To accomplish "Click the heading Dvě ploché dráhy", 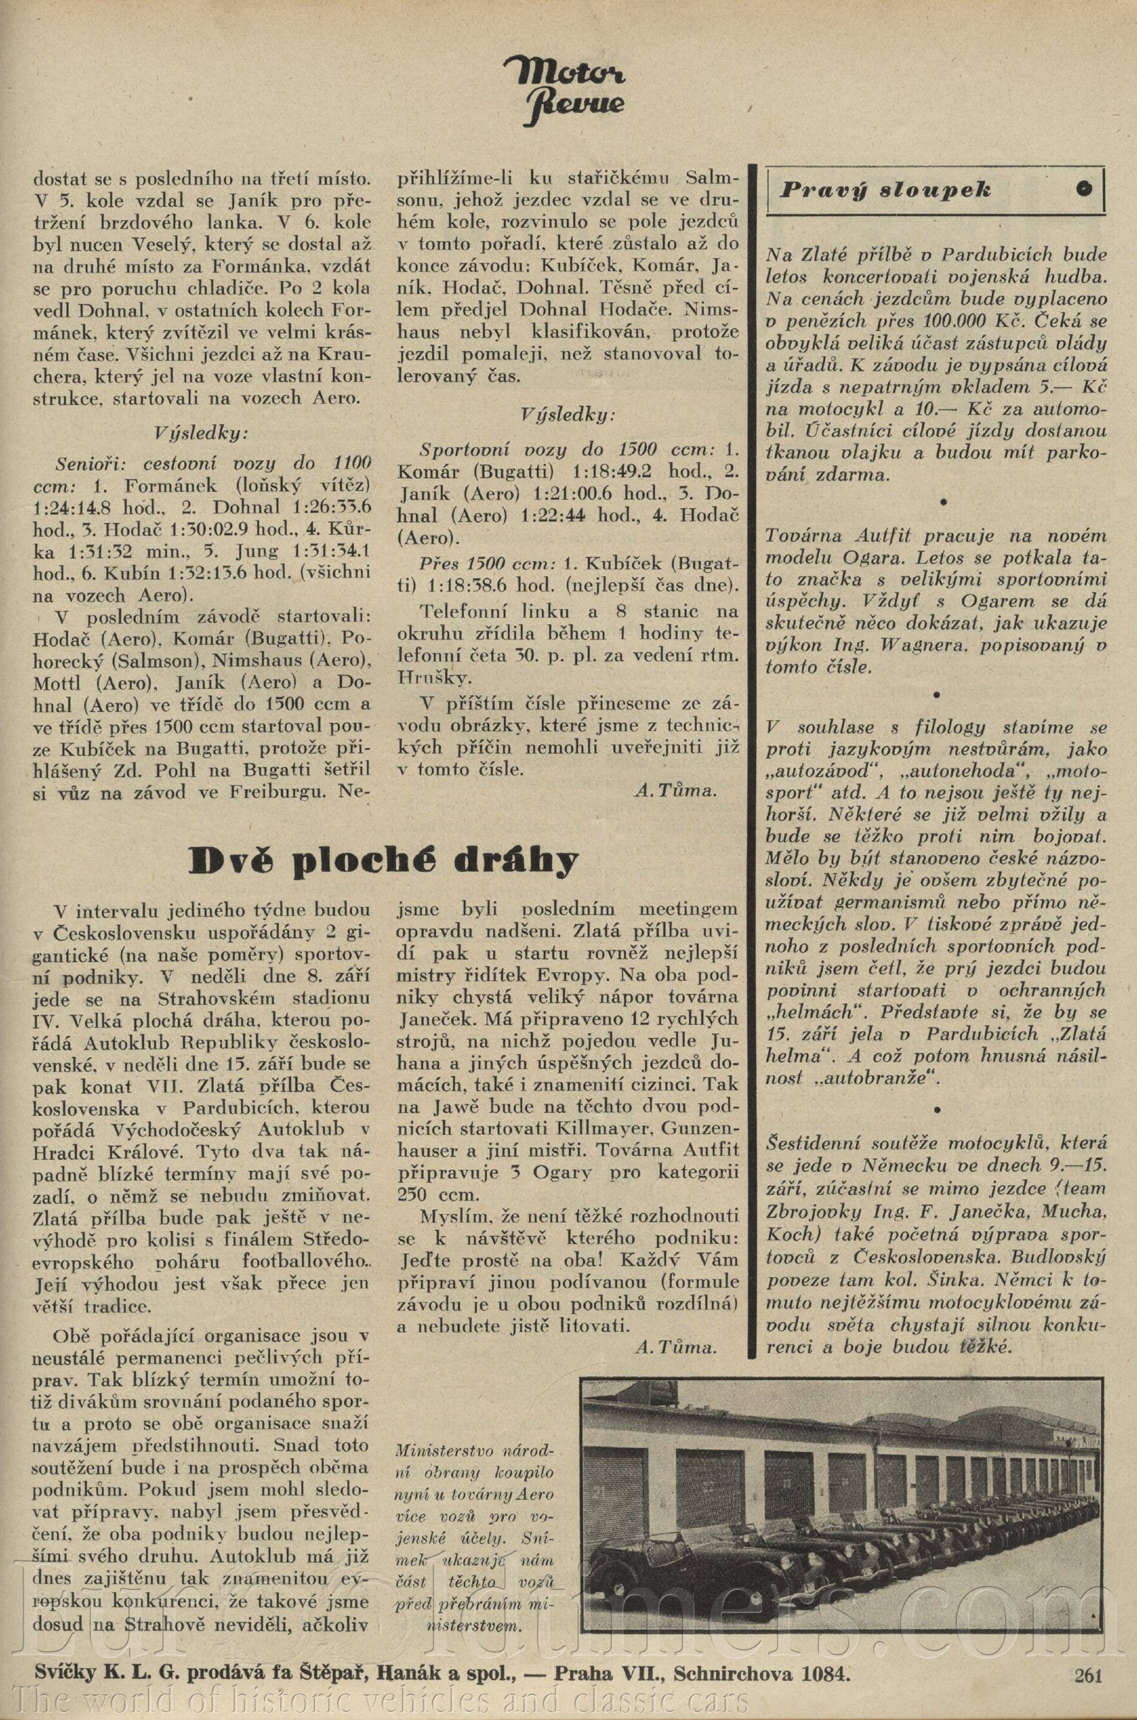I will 384,861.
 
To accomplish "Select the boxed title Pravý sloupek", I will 885,191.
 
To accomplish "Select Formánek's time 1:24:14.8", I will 69,506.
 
